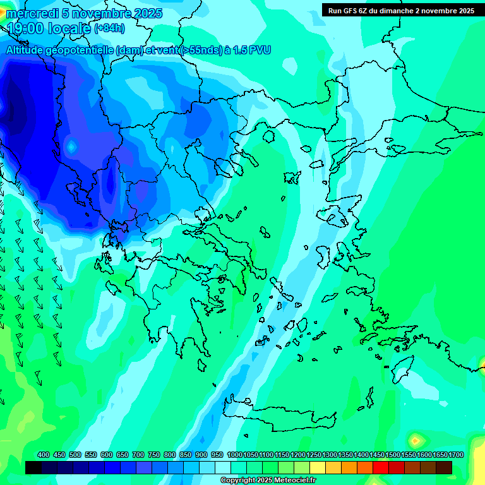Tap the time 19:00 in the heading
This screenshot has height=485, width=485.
[28, 28]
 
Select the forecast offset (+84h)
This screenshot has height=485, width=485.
[109, 28]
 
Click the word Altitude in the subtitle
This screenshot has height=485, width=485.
[28, 50]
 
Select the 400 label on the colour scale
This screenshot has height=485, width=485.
[44, 455]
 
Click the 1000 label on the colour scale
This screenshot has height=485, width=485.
[234, 455]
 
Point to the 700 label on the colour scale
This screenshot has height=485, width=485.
[138, 455]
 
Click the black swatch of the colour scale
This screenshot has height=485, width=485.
[33, 467]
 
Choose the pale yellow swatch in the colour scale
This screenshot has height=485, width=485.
[318, 467]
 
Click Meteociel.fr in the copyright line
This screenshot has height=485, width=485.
[292, 481]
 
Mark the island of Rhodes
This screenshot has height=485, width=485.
[402, 370]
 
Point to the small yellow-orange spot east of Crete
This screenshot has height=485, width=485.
[416, 440]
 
